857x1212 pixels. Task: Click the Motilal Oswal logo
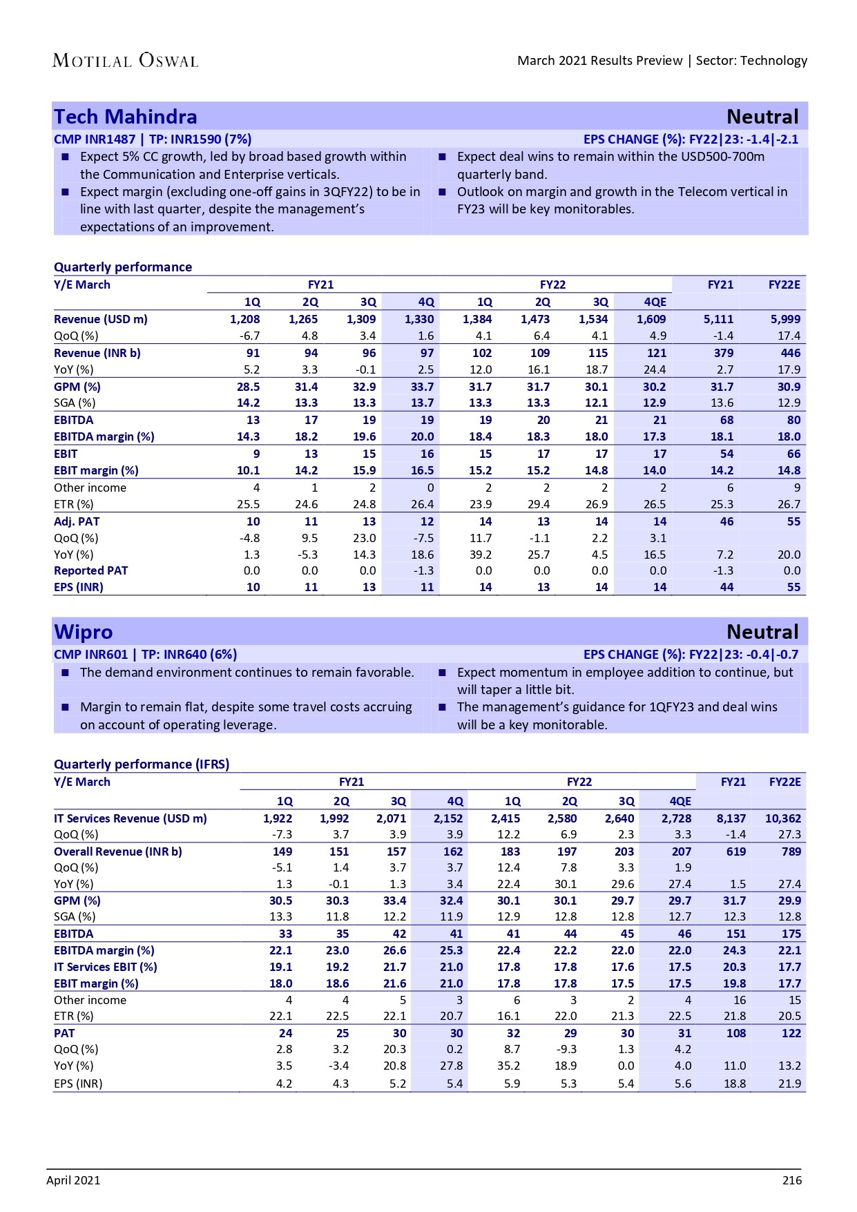tap(125, 61)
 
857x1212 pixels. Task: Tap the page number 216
tap(791, 1180)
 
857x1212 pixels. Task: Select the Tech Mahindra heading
tap(126, 117)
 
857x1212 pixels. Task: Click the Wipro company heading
tap(84, 632)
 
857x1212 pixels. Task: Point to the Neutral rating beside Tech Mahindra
tap(762, 117)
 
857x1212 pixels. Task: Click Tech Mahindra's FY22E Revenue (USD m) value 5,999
tap(786, 319)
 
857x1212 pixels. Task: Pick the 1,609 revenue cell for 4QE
tap(651, 319)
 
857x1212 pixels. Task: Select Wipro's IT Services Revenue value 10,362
tap(782, 818)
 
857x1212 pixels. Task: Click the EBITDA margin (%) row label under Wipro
tap(104, 950)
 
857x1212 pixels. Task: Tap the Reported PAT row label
tap(91, 570)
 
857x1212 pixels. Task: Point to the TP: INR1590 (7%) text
tap(200, 139)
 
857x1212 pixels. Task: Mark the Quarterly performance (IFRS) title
tap(142, 764)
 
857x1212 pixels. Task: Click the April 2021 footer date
tap(73, 1180)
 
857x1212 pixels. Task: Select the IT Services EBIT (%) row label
tap(106, 967)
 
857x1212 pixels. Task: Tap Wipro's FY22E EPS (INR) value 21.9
tap(789, 1084)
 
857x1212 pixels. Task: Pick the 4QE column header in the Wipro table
tap(680, 801)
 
